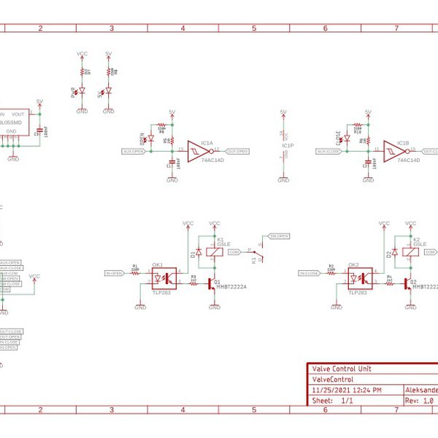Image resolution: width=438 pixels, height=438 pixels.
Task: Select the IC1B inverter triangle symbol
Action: click(394, 151)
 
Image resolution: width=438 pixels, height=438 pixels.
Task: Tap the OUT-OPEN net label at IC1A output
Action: click(238, 151)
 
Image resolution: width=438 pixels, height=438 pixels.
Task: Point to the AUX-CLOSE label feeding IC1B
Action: click(328, 151)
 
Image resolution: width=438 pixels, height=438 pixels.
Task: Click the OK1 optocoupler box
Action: click(164, 277)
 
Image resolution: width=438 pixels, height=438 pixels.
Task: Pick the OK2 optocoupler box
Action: click(358, 277)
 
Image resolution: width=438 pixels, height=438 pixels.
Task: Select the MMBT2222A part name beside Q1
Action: click(232, 287)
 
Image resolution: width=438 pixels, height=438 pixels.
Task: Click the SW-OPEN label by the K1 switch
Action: click(280, 237)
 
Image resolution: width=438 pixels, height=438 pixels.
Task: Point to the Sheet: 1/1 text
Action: click(333, 401)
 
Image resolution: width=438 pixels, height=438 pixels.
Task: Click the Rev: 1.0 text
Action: click(420, 401)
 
